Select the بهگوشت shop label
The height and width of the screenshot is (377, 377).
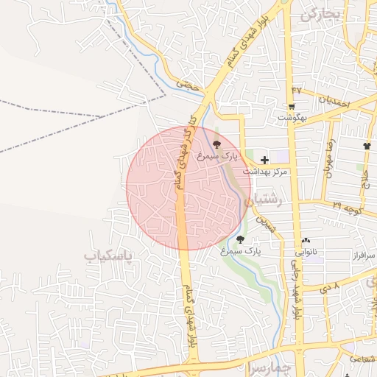coord(292,117)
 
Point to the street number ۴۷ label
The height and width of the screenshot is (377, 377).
coord(297,90)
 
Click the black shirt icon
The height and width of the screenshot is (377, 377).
coord(367,146)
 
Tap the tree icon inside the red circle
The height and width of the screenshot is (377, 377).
coord(216,144)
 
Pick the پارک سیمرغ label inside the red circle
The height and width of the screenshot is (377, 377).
coord(218,156)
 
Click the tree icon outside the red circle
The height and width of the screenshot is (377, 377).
coord(241,239)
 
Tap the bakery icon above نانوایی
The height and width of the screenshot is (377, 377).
coord(306,240)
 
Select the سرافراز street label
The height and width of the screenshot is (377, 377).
coord(361,256)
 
